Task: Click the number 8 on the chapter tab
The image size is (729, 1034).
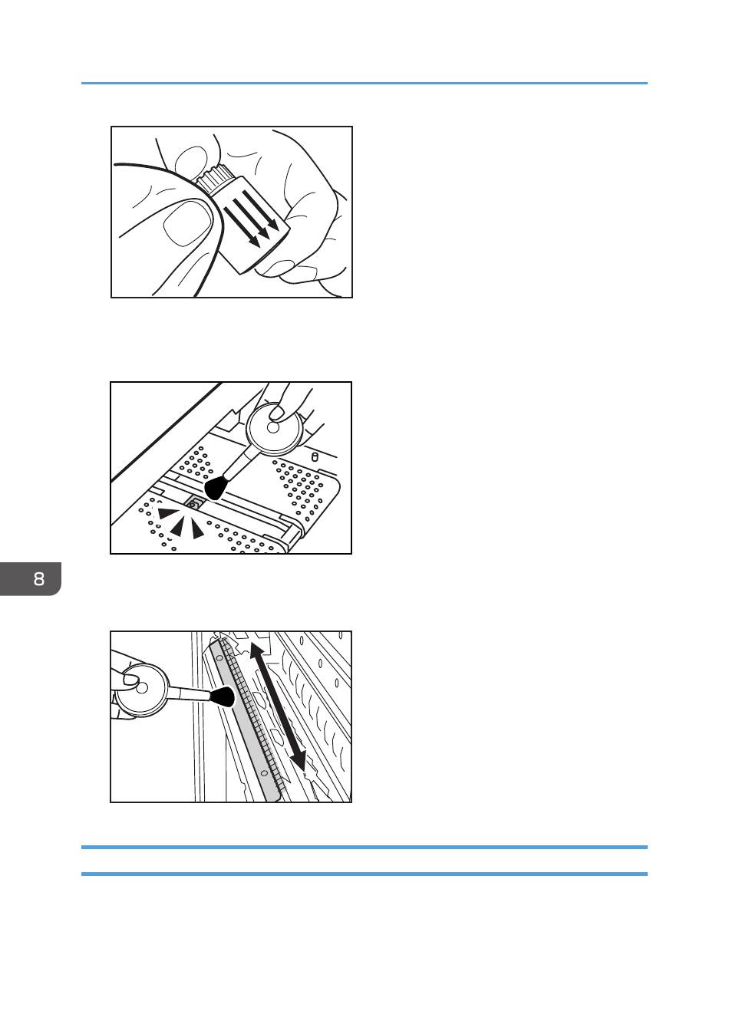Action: tap(39, 578)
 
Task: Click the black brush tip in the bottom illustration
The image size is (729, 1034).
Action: tap(223, 696)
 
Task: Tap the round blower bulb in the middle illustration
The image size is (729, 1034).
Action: tap(274, 427)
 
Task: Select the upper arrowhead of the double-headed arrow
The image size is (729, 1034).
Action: tap(257, 650)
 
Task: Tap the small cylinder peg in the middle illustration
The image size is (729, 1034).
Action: tap(315, 457)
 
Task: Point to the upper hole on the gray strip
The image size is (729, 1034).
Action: tap(219, 657)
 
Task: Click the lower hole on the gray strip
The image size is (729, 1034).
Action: tap(264, 772)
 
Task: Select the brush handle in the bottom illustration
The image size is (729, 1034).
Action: tap(190, 693)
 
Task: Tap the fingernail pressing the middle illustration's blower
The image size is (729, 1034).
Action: tap(277, 412)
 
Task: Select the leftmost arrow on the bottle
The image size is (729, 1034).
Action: tap(241, 226)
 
